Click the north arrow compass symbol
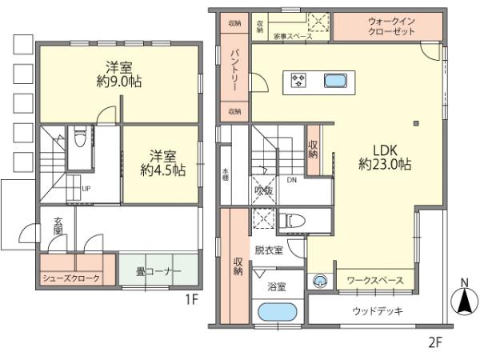(463, 302)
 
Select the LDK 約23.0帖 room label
(385, 156)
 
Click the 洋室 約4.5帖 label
(162, 162)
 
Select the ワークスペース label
(373, 281)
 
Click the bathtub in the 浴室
(277, 313)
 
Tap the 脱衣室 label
(269, 250)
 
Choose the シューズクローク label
(72, 278)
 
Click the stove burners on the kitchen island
(300, 80)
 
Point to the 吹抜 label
(264, 191)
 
